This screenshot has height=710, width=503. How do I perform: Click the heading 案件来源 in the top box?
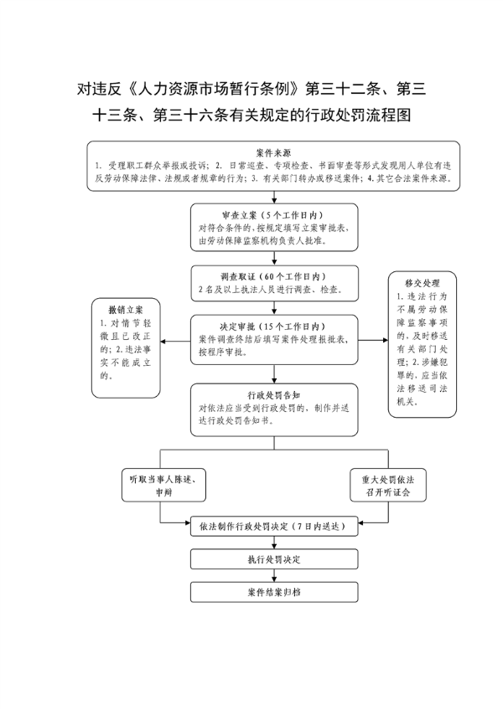pos(273,153)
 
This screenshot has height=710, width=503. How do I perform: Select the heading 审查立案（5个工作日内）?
pos(273,215)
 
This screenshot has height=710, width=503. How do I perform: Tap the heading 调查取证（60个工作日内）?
pos(273,276)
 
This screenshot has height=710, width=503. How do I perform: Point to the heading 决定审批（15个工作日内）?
pos(273,327)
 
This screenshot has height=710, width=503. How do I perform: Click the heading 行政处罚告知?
pos(273,395)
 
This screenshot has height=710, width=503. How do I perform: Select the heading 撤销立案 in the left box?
pos(126,310)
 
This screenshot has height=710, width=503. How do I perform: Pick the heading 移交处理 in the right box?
pos(423,284)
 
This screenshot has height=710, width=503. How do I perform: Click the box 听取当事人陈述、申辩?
pos(163,485)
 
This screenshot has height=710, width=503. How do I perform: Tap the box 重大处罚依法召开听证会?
pos(388,485)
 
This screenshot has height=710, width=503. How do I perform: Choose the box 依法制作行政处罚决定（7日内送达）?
pos(274,526)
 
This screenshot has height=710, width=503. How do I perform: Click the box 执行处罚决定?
pos(274,559)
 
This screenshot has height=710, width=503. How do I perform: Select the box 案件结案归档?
pos(274,592)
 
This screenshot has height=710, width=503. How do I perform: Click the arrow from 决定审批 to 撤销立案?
pos(175,342)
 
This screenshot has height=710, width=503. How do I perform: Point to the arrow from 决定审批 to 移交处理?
pos(373,340)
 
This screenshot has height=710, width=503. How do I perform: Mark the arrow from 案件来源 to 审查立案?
pos(274,197)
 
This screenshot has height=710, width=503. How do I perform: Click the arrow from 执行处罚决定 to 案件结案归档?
pos(274,575)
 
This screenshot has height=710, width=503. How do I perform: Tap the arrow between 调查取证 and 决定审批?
pos(274,308)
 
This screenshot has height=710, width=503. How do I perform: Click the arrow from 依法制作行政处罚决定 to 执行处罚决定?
pos(274,543)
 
